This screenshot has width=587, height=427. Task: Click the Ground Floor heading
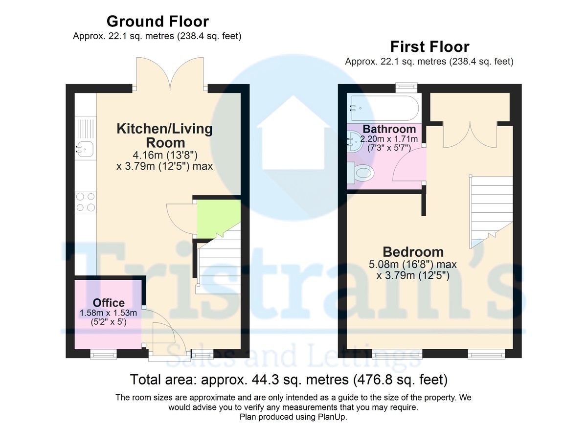tap(157, 22)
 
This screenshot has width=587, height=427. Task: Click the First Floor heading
tap(429, 47)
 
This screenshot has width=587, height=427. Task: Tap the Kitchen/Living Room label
tap(164, 135)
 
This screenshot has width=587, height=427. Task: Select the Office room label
tap(109, 303)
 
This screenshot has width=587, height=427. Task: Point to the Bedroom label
tap(413, 252)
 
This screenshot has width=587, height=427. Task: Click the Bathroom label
tap(389, 130)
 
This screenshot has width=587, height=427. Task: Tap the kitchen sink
tap(85, 147)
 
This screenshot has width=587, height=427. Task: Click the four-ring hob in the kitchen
tap(85, 202)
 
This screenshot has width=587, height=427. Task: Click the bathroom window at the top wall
tap(406, 87)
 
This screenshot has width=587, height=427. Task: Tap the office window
tap(104, 354)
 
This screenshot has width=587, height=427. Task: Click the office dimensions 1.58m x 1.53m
tap(109, 314)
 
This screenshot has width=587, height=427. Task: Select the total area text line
tap(289, 380)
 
